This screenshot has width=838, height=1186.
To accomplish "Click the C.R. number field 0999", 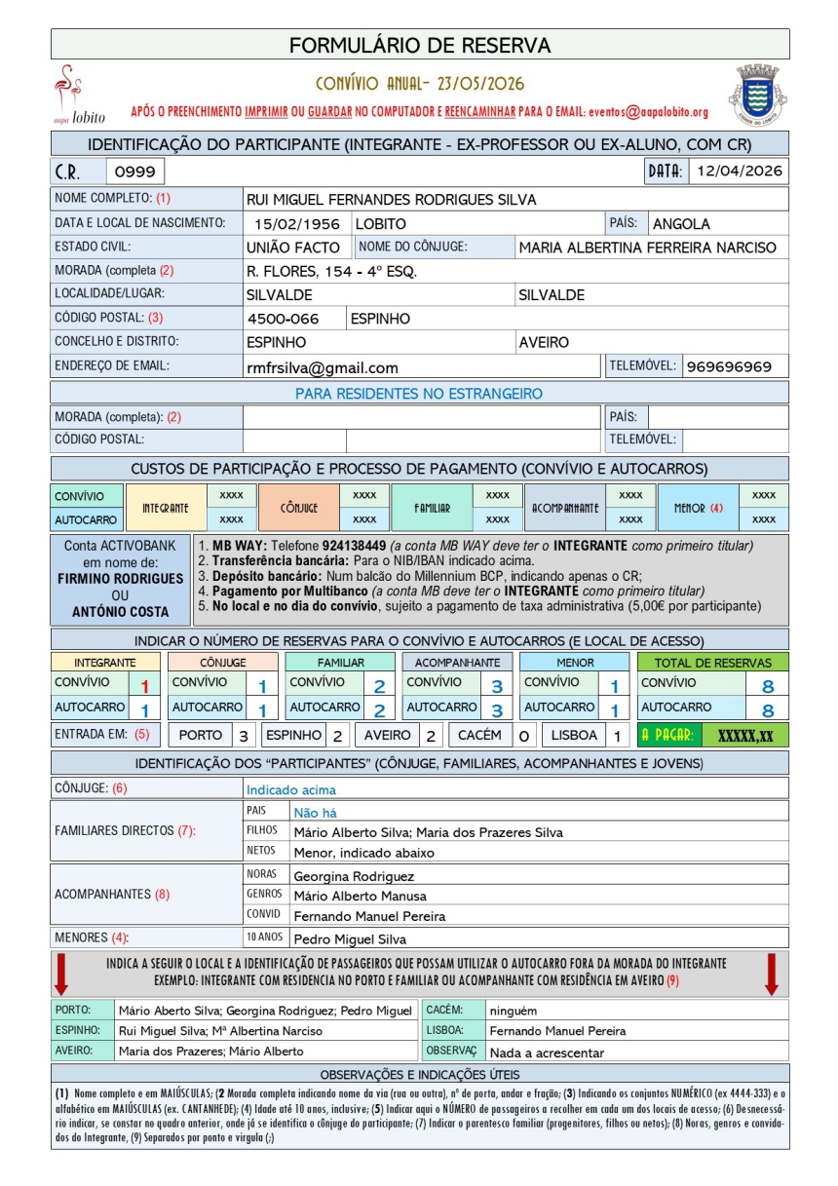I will [134, 172].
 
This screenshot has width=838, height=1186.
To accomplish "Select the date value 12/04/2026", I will [740, 172].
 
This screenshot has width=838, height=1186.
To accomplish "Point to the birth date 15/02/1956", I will [295, 223].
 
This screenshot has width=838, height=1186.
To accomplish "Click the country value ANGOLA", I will [682, 223].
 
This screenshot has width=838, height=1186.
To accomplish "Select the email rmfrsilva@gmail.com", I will [323, 367].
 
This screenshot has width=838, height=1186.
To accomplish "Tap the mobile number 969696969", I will [729, 366].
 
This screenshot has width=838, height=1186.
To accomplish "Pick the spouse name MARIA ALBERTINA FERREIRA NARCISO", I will [647, 248].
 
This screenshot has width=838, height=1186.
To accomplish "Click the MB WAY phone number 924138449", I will [354, 546].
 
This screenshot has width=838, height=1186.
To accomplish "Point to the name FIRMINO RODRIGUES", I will [120, 578].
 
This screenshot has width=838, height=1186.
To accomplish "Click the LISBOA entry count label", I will [572, 736].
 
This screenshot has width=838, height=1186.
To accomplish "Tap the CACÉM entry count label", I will [479, 736].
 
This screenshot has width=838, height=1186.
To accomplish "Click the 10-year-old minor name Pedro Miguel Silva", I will [350, 939].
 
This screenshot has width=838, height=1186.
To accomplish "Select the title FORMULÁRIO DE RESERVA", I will [420, 45].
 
